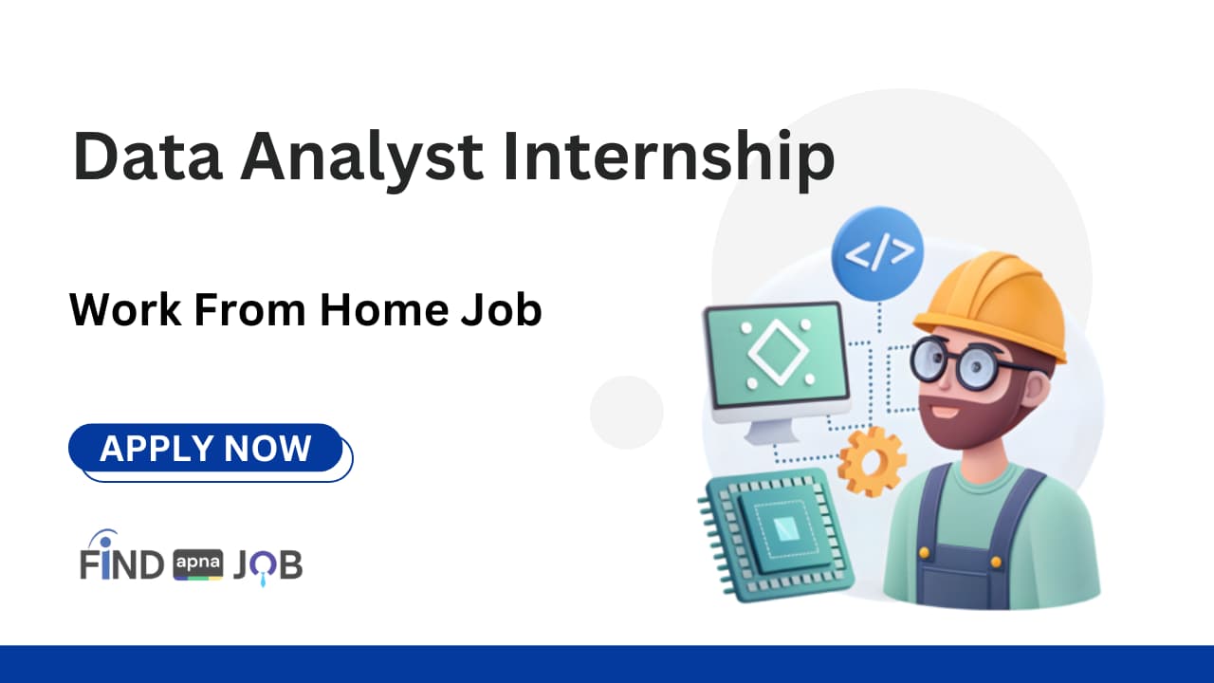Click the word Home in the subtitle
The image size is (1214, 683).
(386, 310)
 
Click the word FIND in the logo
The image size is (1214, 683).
(121, 563)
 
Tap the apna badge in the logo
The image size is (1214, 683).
(198, 565)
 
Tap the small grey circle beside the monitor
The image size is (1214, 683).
(626, 412)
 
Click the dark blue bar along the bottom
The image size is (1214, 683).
(607, 664)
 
